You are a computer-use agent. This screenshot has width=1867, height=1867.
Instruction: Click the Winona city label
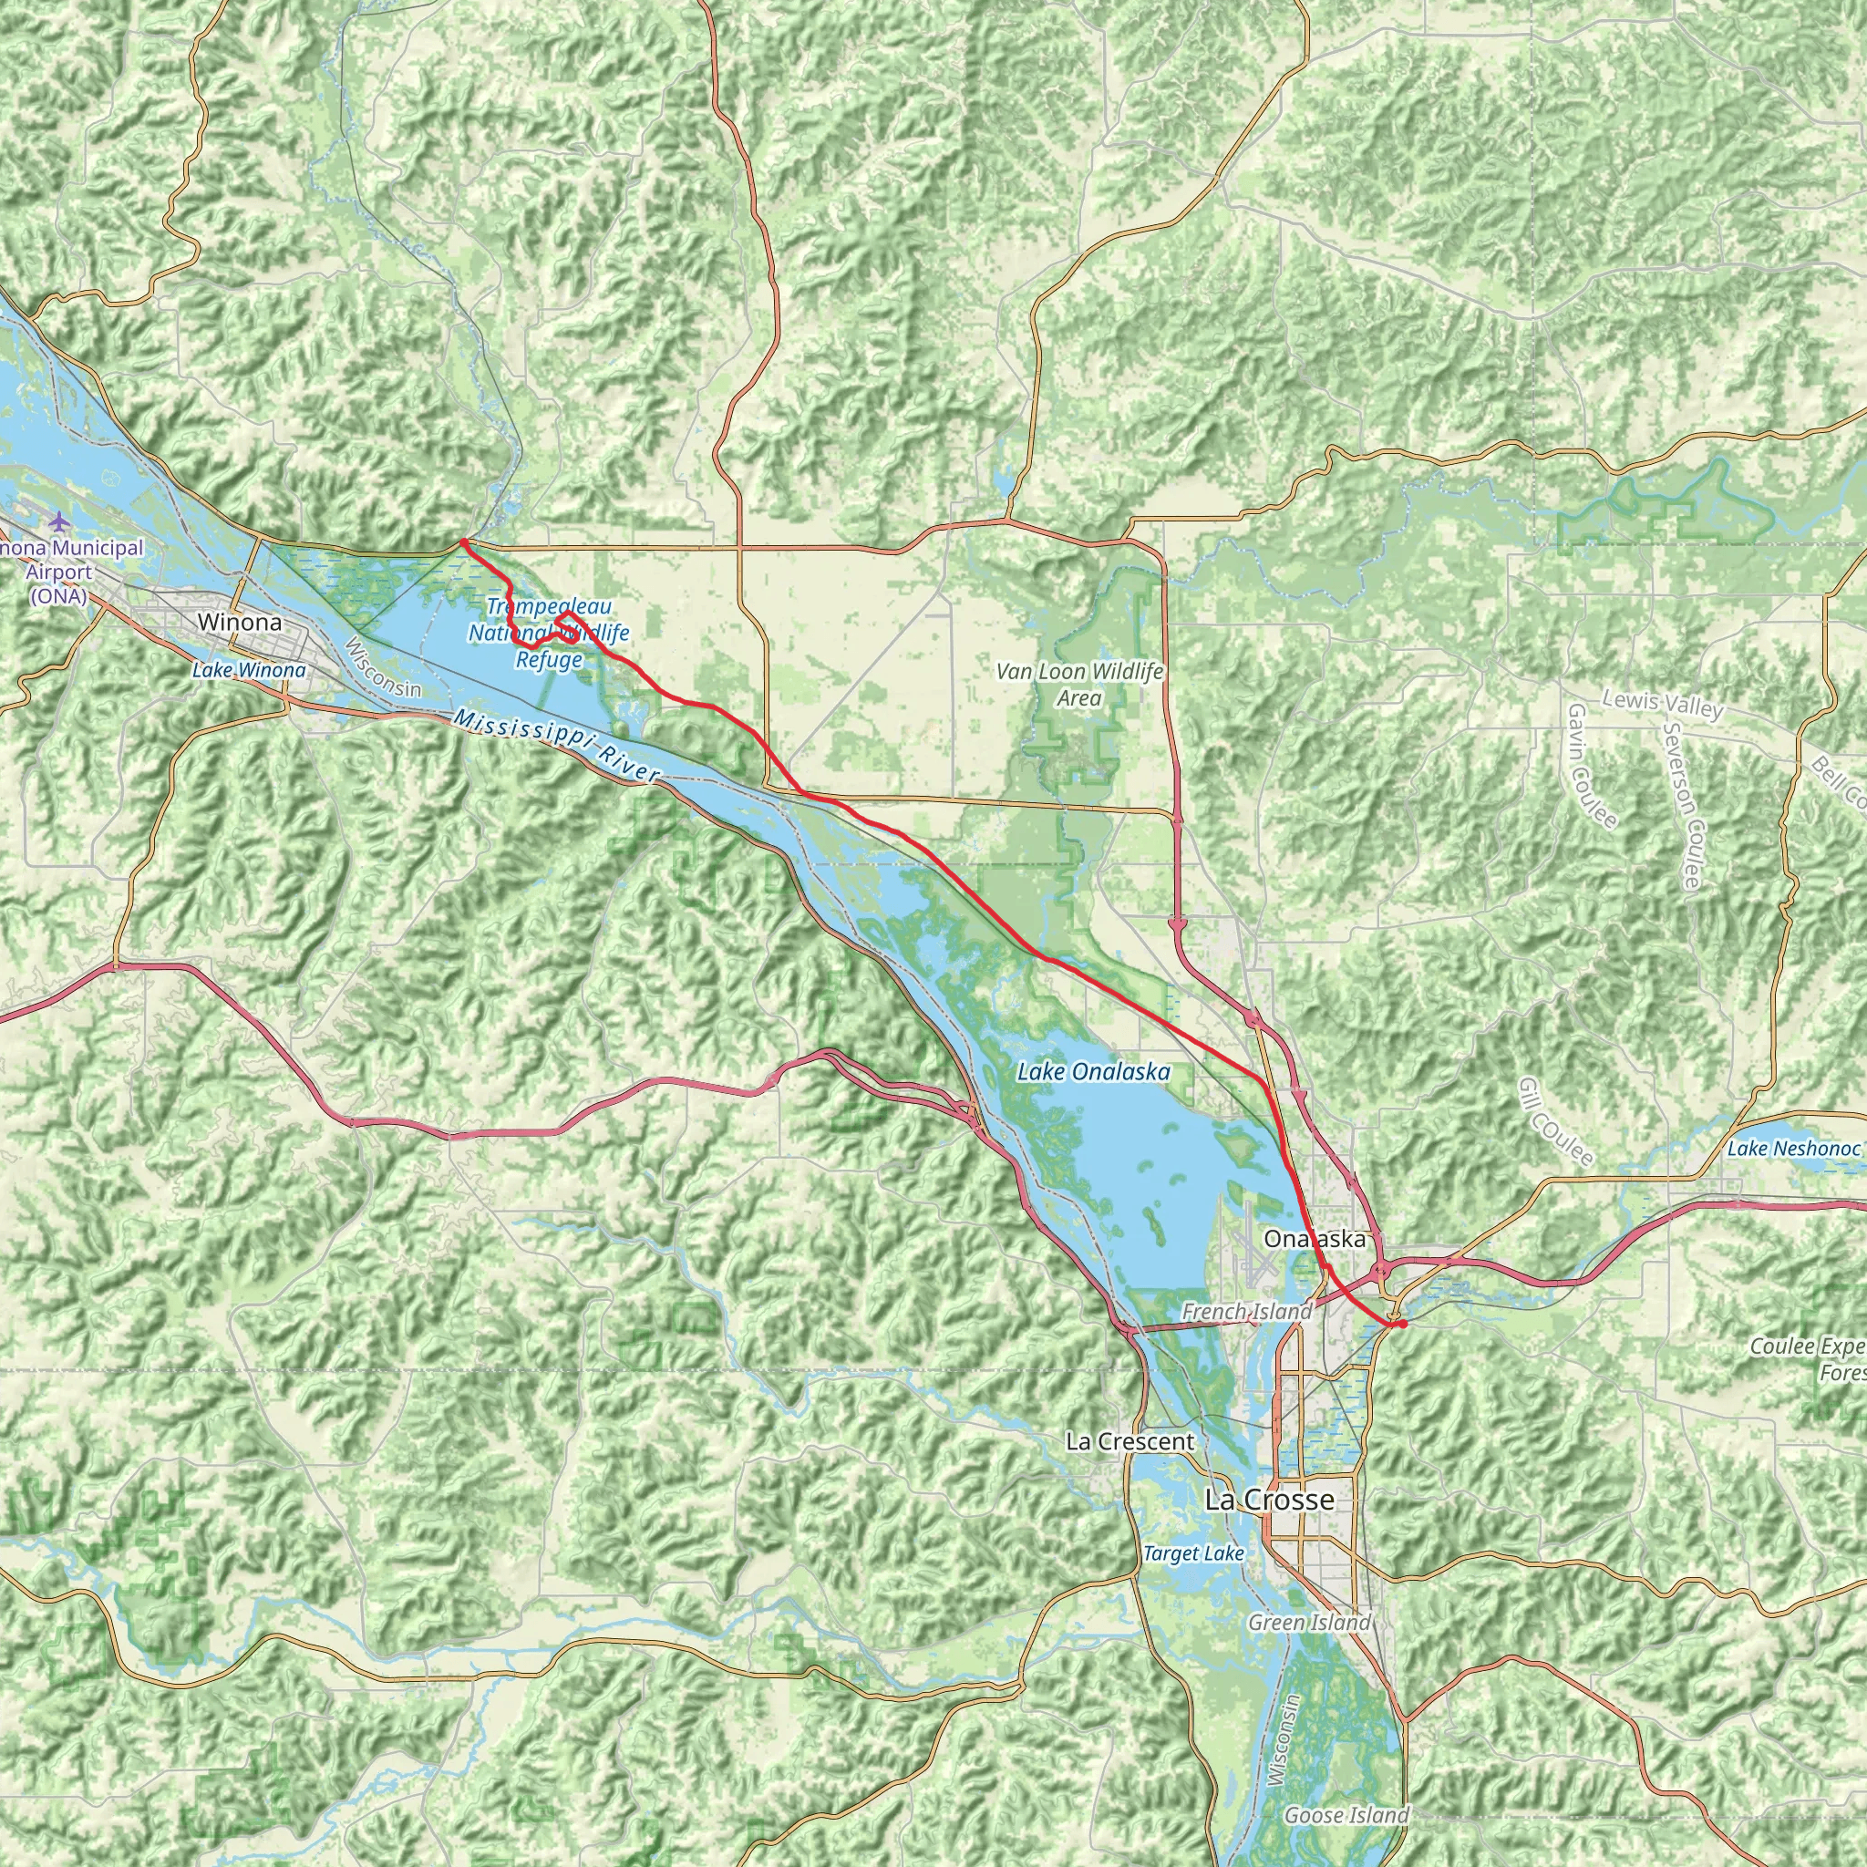coord(240,623)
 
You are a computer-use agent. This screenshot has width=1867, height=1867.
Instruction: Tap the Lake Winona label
coord(248,670)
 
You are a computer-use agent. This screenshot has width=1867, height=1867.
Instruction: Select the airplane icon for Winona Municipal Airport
coord(60,521)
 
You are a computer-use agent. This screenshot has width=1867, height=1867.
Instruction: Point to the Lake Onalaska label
coord(1094,1071)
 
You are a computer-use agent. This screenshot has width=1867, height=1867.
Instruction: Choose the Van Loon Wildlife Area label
coord(1079,685)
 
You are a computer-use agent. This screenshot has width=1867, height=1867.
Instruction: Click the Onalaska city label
coord(1315,1239)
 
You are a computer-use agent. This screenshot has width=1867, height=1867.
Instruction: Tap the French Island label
coord(1246,1311)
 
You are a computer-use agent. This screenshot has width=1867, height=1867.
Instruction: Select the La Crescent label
coord(1130,1442)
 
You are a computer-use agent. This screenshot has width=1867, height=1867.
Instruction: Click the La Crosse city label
coord(1270,1500)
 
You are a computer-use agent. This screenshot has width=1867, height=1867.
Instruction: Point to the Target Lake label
coord(1193,1554)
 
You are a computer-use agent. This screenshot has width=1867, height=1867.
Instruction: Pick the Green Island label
coord(1309,1623)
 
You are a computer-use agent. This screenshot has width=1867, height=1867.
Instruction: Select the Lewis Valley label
coord(1662,705)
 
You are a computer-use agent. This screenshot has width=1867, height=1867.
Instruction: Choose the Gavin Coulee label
coord(1591,767)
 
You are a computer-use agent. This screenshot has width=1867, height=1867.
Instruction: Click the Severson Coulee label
coord(1683,804)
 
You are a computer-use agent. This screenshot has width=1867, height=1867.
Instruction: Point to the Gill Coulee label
coord(1555,1122)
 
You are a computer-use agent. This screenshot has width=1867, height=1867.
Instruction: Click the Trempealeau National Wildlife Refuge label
coord(549,634)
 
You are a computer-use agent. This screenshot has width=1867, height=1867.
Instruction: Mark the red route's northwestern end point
coord(464,542)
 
